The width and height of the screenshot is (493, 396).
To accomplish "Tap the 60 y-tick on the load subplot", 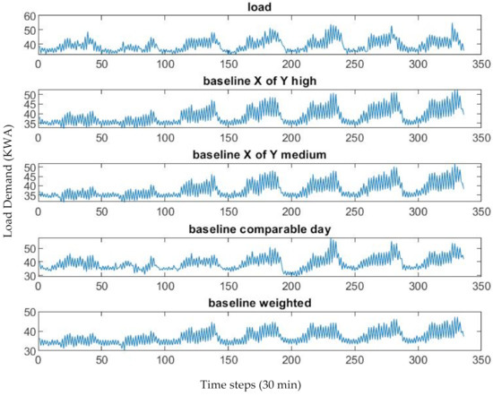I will point(28,17).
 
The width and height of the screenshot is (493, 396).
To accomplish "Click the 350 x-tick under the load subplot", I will point(481,65).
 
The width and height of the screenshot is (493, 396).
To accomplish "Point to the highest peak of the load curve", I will point(453,24).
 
